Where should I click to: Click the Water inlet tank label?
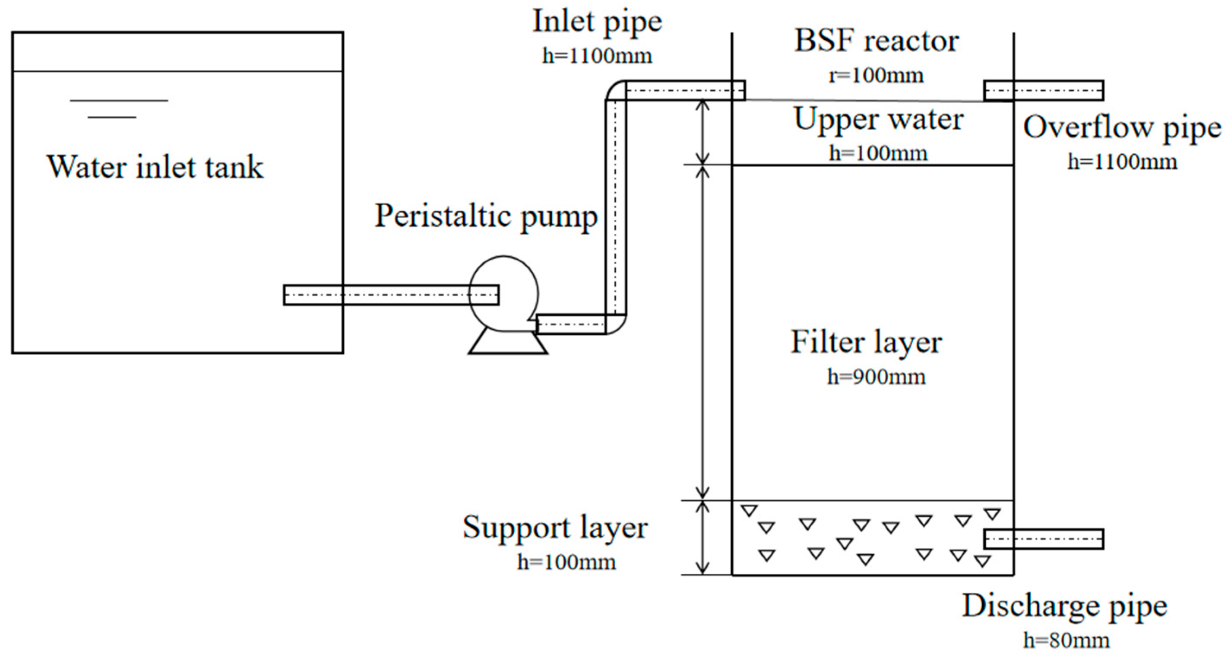[155, 167]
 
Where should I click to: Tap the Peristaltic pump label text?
[486, 216]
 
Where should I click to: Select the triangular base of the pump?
[507, 342]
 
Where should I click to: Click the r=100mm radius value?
[876, 76]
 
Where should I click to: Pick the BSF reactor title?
[876, 41]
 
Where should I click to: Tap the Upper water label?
[878, 120]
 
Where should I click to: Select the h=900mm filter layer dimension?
[876, 377]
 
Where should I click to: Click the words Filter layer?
[866, 342]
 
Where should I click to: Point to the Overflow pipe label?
[1122, 128]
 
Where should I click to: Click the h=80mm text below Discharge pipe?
[1066, 640]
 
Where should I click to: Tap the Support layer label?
[555, 528]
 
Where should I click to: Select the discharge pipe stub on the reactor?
[1044, 539]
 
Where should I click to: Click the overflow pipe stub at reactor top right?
[1044, 90]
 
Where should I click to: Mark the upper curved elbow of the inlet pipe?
[616, 91]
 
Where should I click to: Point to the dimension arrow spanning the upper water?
[702, 132]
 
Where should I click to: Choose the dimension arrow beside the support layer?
[702, 537]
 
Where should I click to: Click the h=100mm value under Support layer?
[566, 562]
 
